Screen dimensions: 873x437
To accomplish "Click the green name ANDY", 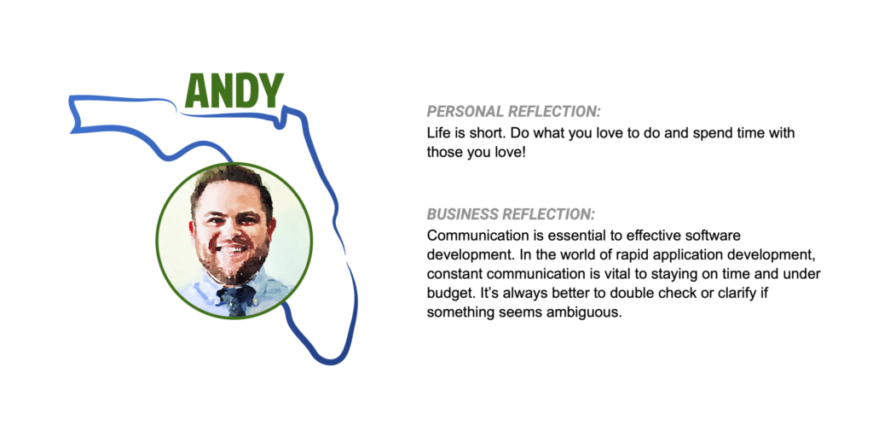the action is click(x=234, y=90).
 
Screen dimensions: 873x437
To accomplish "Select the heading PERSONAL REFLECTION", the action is click(x=514, y=112).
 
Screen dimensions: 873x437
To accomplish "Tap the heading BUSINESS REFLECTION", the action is click(x=512, y=214).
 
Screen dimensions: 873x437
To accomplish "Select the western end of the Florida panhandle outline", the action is click(x=72, y=115).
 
